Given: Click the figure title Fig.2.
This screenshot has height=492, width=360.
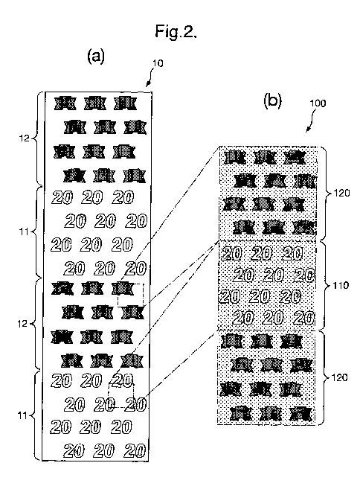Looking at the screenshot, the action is pyautogui.click(x=176, y=31).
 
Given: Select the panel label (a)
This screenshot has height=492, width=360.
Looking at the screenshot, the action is pyautogui.click(x=96, y=57).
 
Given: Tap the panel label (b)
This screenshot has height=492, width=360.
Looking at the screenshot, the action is pyautogui.click(x=272, y=101).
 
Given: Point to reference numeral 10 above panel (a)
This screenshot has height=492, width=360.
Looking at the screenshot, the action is pyautogui.click(x=158, y=63).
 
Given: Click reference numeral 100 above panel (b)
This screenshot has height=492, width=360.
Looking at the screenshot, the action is pyautogui.click(x=318, y=103).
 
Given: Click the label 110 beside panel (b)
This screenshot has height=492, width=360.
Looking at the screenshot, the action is pyautogui.click(x=341, y=285).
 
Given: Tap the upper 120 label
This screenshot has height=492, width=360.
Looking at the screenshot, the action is pyautogui.click(x=341, y=193).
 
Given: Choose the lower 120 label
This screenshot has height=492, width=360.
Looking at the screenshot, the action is pyautogui.click(x=340, y=377).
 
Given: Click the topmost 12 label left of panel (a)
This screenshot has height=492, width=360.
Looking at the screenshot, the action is pyautogui.click(x=24, y=138).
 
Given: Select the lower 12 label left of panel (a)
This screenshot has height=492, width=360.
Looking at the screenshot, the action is pyautogui.click(x=22, y=324).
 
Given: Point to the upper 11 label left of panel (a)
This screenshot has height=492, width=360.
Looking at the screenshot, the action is pyautogui.click(x=24, y=232).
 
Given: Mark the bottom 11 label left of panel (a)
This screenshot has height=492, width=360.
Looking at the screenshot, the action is pyautogui.click(x=22, y=416).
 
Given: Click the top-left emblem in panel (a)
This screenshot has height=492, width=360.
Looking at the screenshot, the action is pyautogui.click(x=65, y=103).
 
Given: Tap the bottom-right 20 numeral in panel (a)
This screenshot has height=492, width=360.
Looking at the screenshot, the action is pyautogui.click(x=135, y=451).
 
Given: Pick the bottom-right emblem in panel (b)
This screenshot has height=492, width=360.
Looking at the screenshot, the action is pyautogui.click(x=300, y=414).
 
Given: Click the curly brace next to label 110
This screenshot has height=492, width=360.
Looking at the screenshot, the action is pyautogui.click(x=326, y=285).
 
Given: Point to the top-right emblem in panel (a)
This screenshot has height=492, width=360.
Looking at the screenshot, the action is pyautogui.click(x=126, y=103).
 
